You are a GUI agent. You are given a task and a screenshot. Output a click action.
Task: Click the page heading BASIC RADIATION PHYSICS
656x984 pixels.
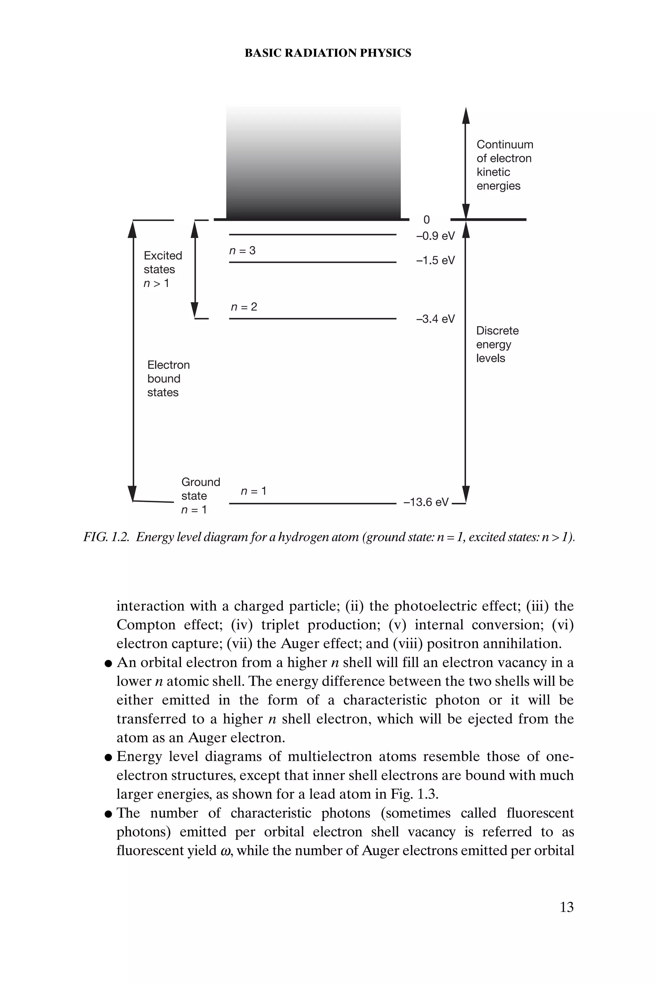pyautogui.click(x=328, y=53)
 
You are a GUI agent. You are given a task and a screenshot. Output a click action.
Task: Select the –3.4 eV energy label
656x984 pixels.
pyautogui.click(x=435, y=319)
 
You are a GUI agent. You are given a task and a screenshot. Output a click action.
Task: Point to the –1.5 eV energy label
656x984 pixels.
pyautogui.click(x=435, y=261)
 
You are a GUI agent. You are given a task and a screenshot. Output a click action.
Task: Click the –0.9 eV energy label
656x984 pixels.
pyautogui.click(x=435, y=236)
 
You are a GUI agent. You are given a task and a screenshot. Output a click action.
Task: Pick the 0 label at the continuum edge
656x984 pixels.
pyautogui.click(x=426, y=220)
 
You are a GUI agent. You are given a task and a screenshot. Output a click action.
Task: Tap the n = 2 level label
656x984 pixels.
pyautogui.click(x=244, y=307)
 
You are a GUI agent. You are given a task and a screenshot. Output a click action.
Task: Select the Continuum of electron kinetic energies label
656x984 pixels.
pyautogui.click(x=504, y=165)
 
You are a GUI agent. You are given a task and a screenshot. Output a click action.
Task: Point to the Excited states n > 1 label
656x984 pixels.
pyautogui.click(x=162, y=269)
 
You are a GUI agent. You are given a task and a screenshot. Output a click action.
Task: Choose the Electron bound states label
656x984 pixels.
pyautogui.click(x=168, y=379)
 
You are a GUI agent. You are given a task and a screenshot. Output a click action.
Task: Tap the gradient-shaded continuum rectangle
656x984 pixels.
pyautogui.click(x=313, y=163)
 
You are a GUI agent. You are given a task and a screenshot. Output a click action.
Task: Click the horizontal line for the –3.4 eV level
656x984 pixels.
pyautogui.click(x=313, y=319)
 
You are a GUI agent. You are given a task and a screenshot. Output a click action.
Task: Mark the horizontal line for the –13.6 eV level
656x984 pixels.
pyautogui.click(x=313, y=504)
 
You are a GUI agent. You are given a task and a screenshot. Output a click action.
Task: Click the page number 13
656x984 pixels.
pyautogui.click(x=566, y=907)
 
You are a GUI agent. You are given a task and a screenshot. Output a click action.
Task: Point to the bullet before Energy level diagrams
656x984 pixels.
pyautogui.click(x=108, y=757)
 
